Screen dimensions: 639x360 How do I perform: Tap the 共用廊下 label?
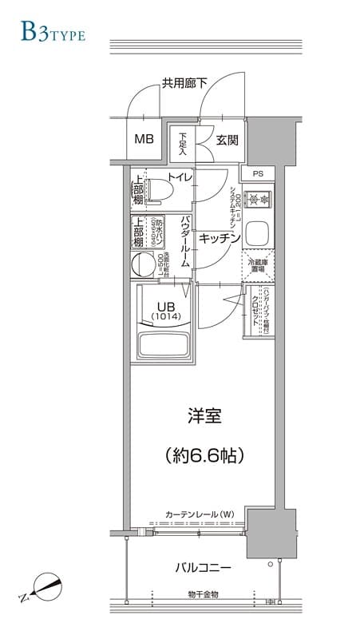tap(184, 82)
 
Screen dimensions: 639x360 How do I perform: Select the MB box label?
tap(144, 139)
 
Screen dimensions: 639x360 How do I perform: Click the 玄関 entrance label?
tap(227, 140)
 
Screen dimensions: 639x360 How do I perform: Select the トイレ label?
tap(179, 177)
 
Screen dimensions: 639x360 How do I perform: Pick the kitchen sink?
tap(258, 234)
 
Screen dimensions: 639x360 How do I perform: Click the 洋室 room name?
tap(204, 416)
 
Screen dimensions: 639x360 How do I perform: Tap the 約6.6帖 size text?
tap(204, 455)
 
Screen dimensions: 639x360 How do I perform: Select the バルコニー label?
tap(203, 568)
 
